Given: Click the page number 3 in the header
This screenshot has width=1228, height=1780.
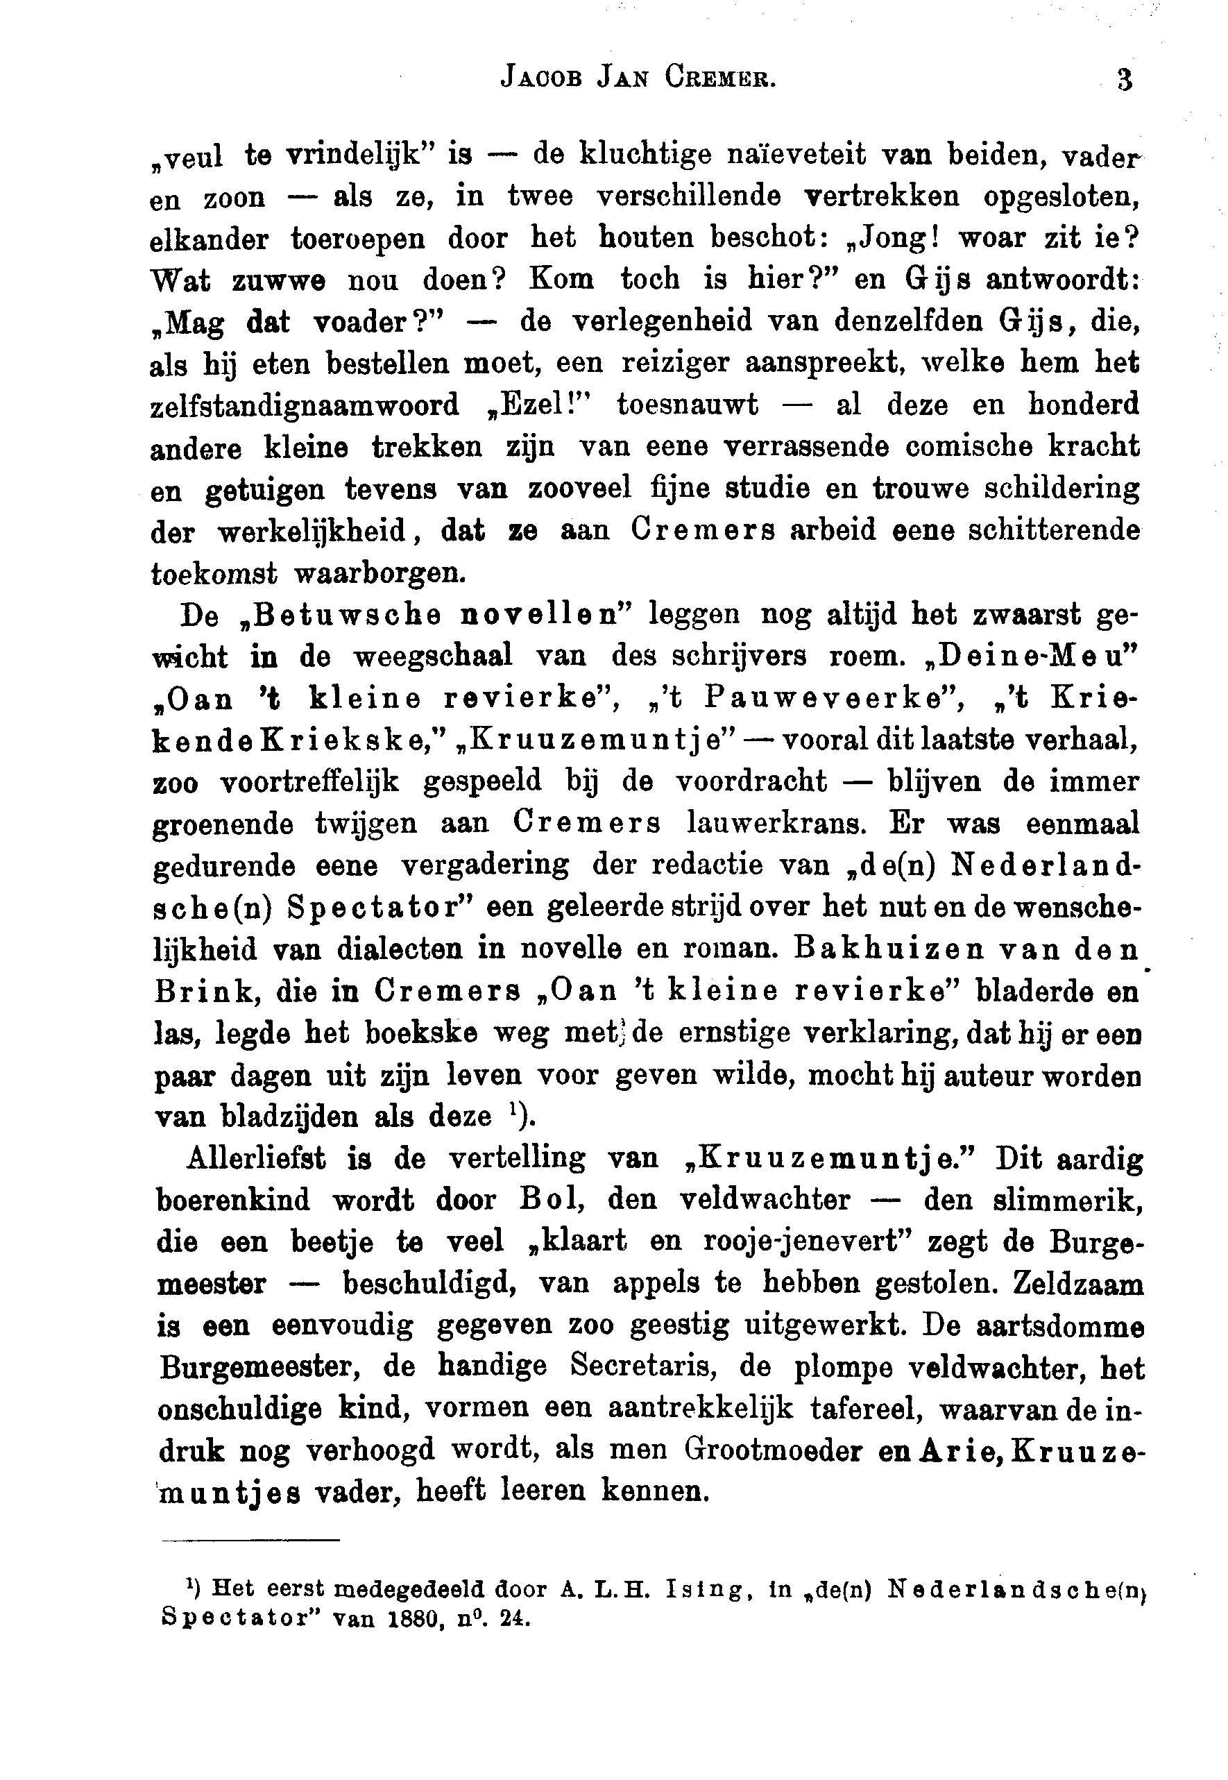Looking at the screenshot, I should pyautogui.click(x=1124, y=80).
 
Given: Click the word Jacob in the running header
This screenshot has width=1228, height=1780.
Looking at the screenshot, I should pyautogui.click(x=541, y=78).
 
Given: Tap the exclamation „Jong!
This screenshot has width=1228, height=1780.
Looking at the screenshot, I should pyautogui.click(x=887, y=237).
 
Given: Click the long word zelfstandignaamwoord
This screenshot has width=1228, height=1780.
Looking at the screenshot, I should pyautogui.click(x=304, y=405).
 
